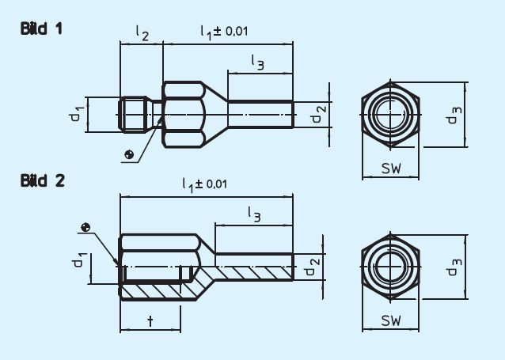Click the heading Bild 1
point(42,29)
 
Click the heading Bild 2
point(42,180)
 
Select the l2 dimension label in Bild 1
point(141,33)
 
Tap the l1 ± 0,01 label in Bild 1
point(225,32)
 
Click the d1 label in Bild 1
point(75,115)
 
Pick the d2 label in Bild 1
point(317,116)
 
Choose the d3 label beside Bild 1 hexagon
point(451,115)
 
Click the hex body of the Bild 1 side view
point(184,115)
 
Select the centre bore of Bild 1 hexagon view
point(391,114)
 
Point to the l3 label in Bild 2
point(253,213)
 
